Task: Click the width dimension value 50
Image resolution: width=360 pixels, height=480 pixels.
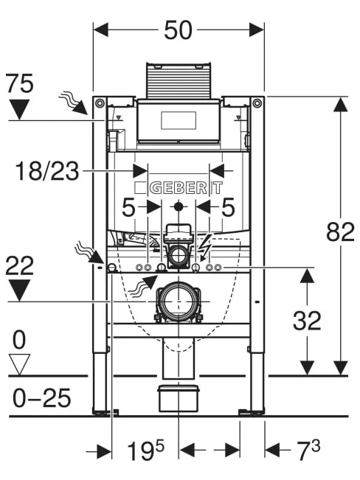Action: [x=179, y=30]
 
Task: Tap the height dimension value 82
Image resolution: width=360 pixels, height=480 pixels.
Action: [x=340, y=232]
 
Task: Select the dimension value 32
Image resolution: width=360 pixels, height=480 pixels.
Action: [x=307, y=320]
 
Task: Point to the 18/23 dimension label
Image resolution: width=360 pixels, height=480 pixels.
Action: [x=47, y=171]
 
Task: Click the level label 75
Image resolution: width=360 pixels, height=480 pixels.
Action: [x=20, y=83]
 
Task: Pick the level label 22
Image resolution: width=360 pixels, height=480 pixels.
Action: [x=19, y=265]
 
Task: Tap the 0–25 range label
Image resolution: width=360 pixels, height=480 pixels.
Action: [x=41, y=397]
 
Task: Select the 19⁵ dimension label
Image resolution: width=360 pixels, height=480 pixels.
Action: [x=145, y=450]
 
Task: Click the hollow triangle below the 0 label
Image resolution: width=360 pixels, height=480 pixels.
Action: [x=19, y=364]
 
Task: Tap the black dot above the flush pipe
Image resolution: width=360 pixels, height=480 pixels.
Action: [x=178, y=207]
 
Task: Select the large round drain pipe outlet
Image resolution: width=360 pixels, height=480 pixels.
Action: [x=179, y=302]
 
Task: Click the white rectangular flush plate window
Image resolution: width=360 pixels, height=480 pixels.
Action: [x=179, y=121]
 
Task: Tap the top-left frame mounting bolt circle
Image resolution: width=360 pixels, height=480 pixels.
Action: [x=100, y=103]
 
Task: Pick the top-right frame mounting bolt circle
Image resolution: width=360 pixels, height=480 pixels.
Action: [x=257, y=103]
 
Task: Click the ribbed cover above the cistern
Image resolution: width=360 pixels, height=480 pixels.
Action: [x=179, y=80]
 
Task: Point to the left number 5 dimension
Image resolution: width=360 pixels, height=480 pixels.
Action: [x=128, y=207]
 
